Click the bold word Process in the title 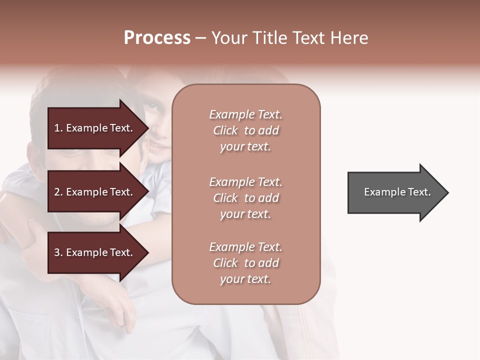click(x=157, y=38)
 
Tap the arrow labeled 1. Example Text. click(x=95, y=128)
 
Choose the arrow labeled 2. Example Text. click(x=95, y=192)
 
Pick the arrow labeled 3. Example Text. click(x=95, y=252)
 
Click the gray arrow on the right click(x=395, y=192)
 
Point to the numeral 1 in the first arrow click(x=57, y=128)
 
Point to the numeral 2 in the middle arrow click(x=57, y=192)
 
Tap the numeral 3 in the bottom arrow click(x=57, y=252)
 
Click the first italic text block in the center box click(x=245, y=130)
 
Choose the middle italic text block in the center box click(x=245, y=198)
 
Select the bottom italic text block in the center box click(x=245, y=263)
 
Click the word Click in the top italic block click(x=225, y=130)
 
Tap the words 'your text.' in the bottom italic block click(x=245, y=279)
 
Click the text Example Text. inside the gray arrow click(x=397, y=192)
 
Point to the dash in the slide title click(x=200, y=38)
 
